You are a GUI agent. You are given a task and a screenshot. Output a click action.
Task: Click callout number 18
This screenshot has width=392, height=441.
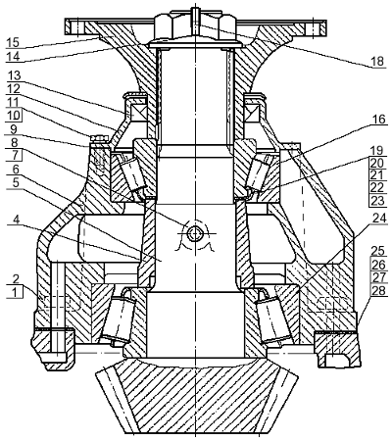378,61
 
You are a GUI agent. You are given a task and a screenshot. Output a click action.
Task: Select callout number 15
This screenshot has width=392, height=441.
13,42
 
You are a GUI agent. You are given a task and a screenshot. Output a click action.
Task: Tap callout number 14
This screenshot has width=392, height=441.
13,56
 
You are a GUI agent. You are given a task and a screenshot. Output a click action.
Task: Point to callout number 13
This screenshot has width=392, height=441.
14,75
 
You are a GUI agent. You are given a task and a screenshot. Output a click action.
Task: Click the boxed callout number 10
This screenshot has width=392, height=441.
14,115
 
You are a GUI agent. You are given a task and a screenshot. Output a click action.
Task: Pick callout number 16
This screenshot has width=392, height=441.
379,120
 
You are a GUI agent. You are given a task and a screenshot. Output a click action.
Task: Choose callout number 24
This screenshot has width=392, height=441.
379,219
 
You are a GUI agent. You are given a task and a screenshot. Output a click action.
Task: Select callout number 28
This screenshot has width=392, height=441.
378,290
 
